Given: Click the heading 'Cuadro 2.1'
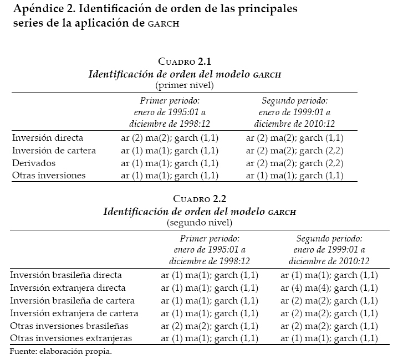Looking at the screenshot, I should click(185, 61).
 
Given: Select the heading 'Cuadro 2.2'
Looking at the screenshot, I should click(200, 198).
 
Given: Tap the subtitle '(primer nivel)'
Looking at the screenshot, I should click(185, 85).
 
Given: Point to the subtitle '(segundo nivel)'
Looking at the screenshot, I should click(200, 222).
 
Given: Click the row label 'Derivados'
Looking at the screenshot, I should click(33, 163).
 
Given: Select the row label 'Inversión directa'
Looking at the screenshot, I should click(47, 138).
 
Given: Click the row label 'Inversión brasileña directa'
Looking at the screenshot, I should click(66, 275).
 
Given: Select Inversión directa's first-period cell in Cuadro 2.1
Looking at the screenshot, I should click(169, 138).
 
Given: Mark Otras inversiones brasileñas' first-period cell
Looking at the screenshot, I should click(210, 326).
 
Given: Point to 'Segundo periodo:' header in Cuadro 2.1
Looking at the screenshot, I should click(295, 101).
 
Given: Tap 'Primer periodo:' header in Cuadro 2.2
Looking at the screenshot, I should click(210, 238).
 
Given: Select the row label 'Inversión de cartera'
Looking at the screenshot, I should click(53, 151).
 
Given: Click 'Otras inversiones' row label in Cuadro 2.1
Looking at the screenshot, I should click(48, 176).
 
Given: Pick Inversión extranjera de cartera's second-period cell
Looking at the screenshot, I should click(329, 313).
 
